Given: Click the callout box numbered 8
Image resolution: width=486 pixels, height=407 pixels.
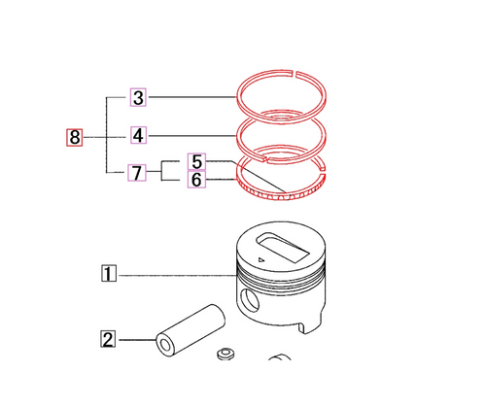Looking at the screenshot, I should coord(75,137).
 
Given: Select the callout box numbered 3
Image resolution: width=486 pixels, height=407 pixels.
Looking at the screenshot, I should coord(139,97).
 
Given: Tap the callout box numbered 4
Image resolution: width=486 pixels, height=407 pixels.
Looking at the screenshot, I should coord(139,135).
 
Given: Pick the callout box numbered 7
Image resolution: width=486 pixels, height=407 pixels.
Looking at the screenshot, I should coord(139,174).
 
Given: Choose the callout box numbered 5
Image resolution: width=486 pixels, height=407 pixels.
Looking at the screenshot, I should coord(197,161).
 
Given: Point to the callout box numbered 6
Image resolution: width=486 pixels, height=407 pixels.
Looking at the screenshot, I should coord(197,180).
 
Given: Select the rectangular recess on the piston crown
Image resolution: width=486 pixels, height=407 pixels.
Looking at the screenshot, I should coord(276,246).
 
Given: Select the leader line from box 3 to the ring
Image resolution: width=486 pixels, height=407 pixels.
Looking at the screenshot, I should coord(194,97).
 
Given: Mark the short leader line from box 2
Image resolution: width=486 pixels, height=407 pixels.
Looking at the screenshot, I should coord(136,340).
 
